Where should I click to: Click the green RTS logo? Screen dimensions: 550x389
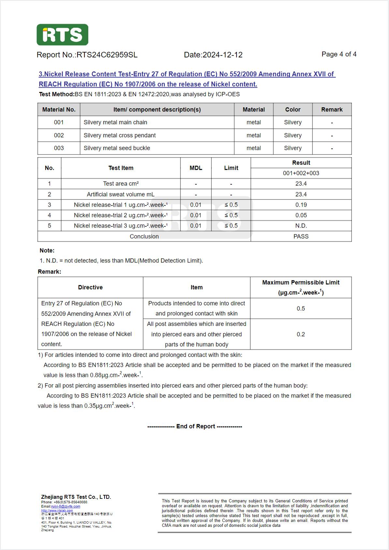[x=62, y=35]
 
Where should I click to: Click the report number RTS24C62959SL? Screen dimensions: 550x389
[x=107, y=55]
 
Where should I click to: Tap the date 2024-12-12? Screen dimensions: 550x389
[x=223, y=55]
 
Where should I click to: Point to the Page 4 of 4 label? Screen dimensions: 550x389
[x=339, y=54]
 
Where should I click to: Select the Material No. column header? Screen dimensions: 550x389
[x=59, y=110]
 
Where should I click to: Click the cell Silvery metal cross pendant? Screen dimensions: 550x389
[x=120, y=135]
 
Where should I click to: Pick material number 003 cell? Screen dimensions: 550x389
[x=59, y=148]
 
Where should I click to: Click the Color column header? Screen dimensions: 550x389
[x=293, y=110]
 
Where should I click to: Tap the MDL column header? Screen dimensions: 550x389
[x=196, y=168]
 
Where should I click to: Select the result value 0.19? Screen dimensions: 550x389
[x=301, y=205]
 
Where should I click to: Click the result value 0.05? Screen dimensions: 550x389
[x=301, y=215]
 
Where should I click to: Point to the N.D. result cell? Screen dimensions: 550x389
[x=301, y=226]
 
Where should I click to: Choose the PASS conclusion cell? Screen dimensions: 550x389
[x=301, y=236]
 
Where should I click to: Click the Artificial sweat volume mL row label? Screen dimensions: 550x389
[x=121, y=194]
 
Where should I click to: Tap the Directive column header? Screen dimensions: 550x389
[x=90, y=287]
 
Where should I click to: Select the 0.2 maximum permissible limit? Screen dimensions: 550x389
[x=301, y=334]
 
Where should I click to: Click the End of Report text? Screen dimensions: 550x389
[x=195, y=426]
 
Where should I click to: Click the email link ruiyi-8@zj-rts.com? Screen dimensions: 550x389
[x=65, y=506]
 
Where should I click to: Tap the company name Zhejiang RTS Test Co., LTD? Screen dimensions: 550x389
[x=76, y=497]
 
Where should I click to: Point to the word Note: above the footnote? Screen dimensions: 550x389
[x=47, y=250]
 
